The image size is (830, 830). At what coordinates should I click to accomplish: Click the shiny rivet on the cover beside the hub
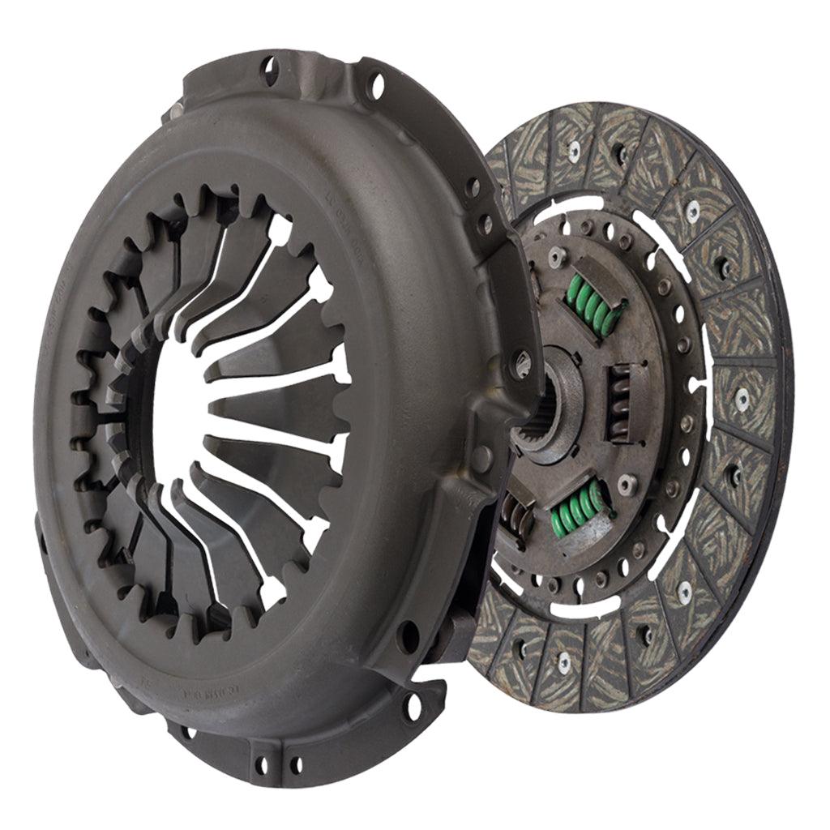[520, 363]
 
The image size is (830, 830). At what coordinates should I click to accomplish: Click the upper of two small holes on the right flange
[473, 188]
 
